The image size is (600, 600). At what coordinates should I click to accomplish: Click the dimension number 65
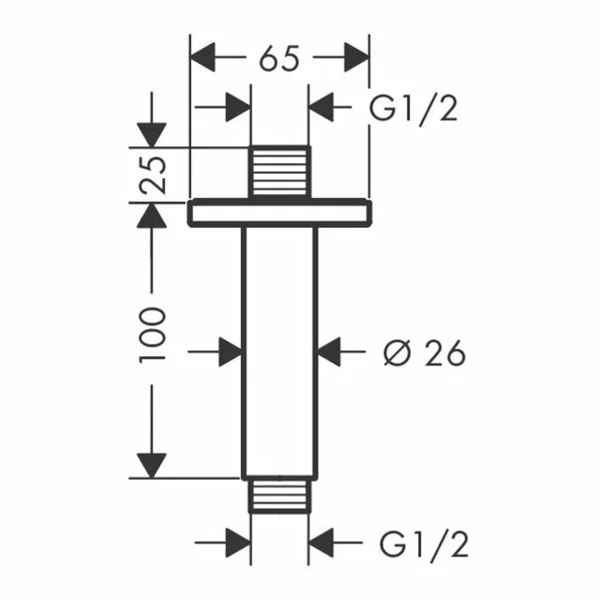click(279, 59)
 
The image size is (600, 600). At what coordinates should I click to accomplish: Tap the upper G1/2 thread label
click(413, 108)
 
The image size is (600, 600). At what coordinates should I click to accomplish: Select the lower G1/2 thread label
click(424, 544)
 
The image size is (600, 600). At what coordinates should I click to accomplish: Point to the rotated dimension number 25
click(152, 175)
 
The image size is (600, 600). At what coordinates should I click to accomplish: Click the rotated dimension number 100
click(152, 334)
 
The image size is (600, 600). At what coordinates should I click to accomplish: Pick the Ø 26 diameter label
click(425, 352)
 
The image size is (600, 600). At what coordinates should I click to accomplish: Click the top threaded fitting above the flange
click(280, 172)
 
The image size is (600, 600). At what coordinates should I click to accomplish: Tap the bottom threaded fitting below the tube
click(280, 496)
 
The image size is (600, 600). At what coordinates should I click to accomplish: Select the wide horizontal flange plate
click(280, 213)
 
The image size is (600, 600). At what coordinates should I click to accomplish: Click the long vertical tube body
click(280, 352)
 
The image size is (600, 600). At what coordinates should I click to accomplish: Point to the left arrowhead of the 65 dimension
click(203, 58)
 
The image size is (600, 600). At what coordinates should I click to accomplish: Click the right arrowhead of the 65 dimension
click(356, 58)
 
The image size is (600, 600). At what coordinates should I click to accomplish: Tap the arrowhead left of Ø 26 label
click(329, 351)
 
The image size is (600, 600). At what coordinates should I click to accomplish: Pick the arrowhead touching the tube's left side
click(231, 351)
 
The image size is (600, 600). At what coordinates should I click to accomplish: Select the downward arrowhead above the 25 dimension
click(152, 135)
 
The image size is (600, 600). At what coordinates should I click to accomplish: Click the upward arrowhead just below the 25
click(152, 216)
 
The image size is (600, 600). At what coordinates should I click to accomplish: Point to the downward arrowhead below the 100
click(152, 466)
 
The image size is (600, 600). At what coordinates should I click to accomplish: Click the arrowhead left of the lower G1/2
click(320, 542)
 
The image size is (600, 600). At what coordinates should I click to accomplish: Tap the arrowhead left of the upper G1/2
click(320, 107)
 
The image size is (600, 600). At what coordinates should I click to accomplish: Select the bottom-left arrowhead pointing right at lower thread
click(238, 542)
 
